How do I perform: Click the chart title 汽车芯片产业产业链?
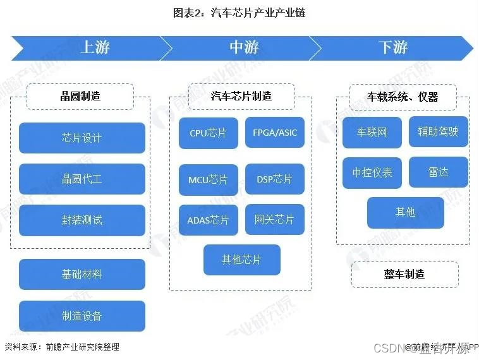239,12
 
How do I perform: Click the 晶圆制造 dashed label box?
80,97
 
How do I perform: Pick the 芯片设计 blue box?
82,138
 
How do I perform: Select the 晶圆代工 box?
82,179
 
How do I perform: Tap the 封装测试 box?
82,220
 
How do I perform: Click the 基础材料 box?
82,275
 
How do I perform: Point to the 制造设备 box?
82,316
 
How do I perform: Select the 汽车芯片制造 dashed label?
241,97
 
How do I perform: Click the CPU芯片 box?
209,133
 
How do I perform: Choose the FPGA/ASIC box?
275,133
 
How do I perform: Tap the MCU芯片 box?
209,179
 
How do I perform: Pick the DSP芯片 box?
275,179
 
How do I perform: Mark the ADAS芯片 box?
209,220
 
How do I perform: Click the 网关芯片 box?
275,220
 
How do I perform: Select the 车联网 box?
372,133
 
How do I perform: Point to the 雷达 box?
439,172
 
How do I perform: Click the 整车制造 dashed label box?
404,274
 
